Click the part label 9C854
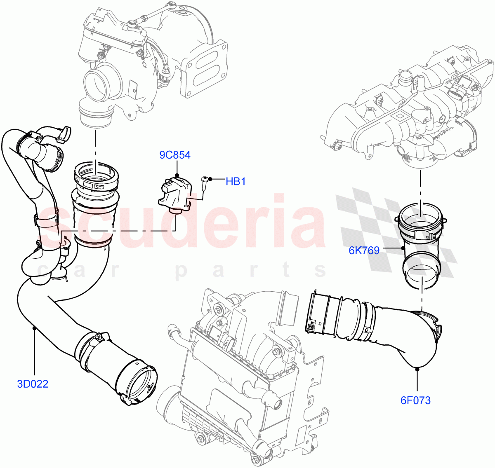click(175, 155)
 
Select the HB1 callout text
click(236, 181)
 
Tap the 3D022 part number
click(33, 384)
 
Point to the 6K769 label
click(364, 250)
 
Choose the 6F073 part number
click(415, 400)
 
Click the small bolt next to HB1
click(205, 182)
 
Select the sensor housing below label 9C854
click(174, 192)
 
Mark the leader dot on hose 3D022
click(34, 328)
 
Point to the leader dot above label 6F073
click(417, 369)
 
